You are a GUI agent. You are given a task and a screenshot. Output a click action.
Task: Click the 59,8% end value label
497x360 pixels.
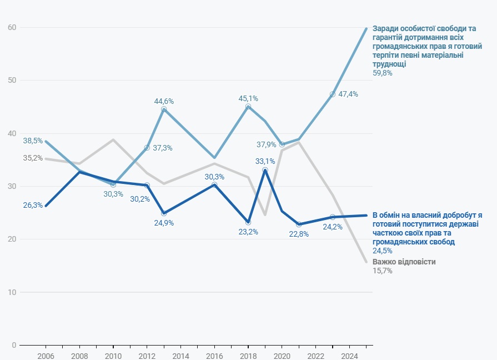pos(382,73)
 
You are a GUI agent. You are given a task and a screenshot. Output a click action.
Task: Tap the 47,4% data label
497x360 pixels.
pos(349,94)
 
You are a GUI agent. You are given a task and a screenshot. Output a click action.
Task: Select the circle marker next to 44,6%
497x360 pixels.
pos(164,109)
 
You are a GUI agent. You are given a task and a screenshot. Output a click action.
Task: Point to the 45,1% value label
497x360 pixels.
pos(248,98)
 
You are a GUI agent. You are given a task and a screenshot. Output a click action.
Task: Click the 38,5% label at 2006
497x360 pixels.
pos(33,141)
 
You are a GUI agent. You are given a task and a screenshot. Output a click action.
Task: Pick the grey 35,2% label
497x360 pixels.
pos(33,158)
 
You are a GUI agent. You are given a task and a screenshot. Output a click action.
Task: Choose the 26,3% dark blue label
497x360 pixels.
pos(33,205)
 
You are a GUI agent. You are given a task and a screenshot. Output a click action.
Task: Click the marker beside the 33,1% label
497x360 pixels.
pos(265,170)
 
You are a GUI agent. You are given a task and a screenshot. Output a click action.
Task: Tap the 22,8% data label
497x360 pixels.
pos(299,234)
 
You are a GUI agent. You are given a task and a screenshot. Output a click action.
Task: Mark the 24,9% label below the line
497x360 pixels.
pos(164,223)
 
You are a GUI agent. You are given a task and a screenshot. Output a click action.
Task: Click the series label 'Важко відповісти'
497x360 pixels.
pos(404,262)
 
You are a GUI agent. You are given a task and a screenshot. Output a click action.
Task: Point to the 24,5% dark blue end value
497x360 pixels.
pos(382,251)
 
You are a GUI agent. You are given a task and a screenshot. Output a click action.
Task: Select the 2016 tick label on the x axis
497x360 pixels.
pos(214,355)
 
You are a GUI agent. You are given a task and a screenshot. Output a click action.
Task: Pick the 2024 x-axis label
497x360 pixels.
pos(349,355)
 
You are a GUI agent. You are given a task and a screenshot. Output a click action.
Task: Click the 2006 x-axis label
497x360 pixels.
pos(46,355)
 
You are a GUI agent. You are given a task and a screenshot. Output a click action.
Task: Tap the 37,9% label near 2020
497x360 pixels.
pos(267,144)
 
